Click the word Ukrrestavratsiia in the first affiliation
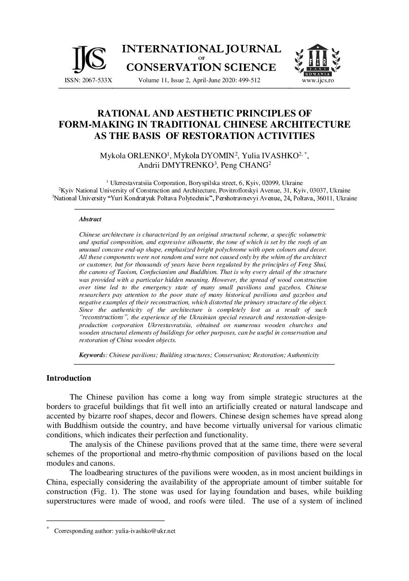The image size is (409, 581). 129,183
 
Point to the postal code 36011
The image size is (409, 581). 326,198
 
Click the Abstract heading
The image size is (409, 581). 90,219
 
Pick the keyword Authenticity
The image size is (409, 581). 303,355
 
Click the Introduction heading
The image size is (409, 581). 68,378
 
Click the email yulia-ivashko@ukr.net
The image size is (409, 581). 145,531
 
